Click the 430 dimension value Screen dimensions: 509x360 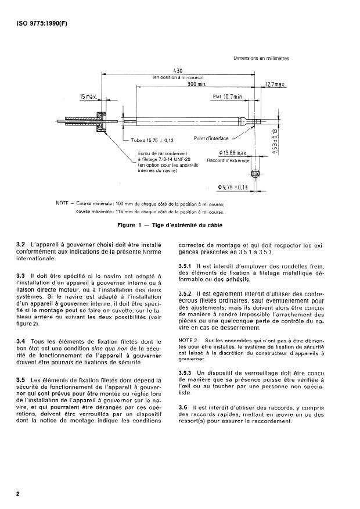(179, 70)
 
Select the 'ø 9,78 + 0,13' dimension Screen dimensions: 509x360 (233, 187)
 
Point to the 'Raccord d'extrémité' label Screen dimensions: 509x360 (228, 160)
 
